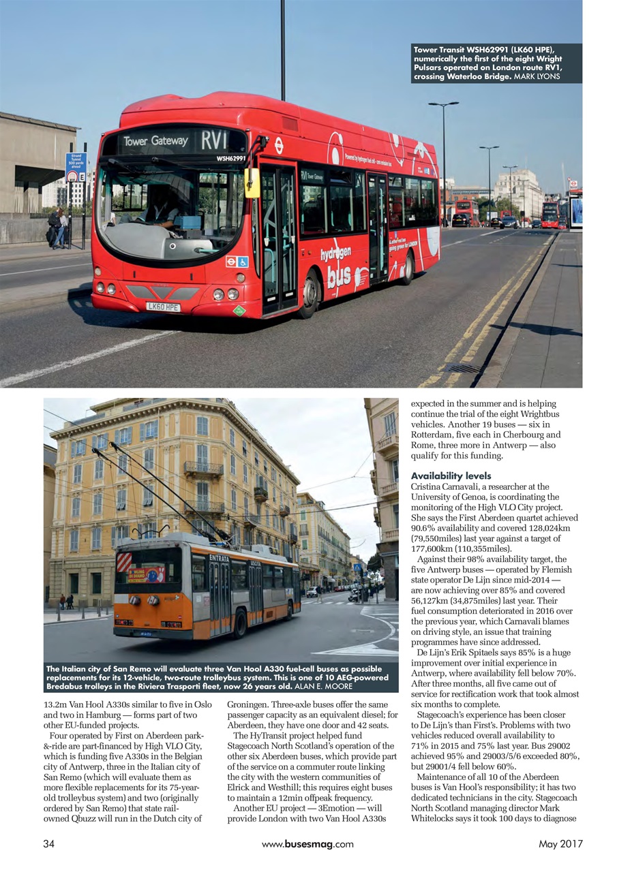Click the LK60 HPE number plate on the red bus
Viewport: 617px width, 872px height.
(x=164, y=307)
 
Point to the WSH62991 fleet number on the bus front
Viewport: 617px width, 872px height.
(x=230, y=158)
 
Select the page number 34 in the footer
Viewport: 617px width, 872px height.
(x=48, y=844)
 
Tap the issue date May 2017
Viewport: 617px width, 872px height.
(x=560, y=844)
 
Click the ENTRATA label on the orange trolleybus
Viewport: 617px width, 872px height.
(x=219, y=558)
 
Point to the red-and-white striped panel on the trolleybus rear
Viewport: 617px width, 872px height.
(x=124, y=562)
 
